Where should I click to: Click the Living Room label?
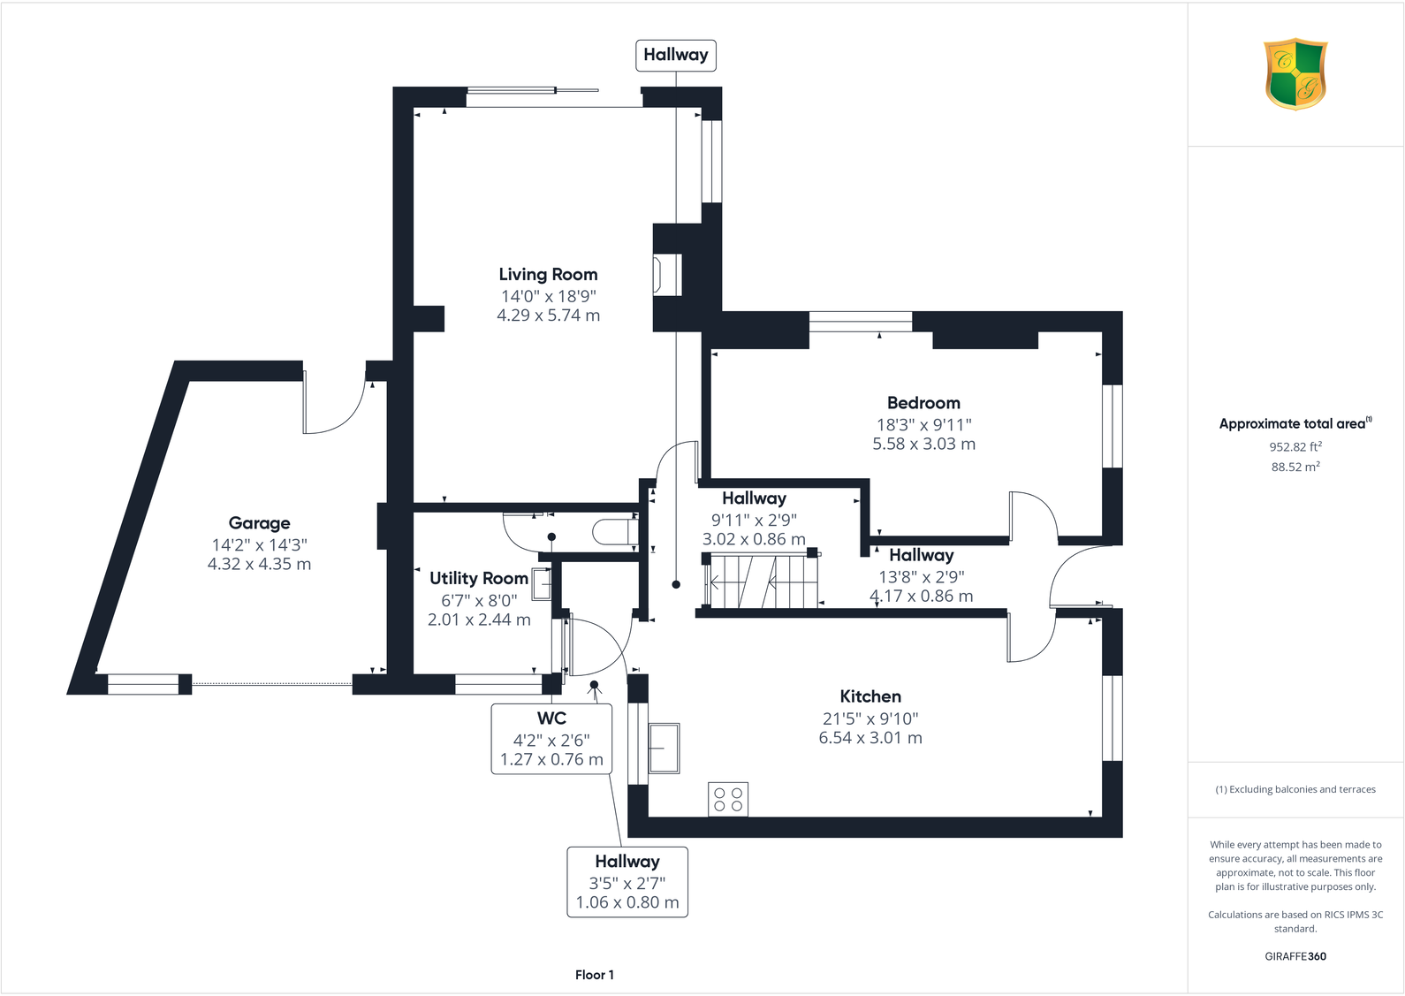(548, 275)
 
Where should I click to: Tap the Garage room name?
(259, 523)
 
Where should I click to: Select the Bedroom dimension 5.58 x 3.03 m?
(923, 444)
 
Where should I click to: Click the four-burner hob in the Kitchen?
(728, 799)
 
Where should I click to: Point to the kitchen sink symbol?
(664, 749)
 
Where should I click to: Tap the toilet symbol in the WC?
(613, 532)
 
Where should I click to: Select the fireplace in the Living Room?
(666, 274)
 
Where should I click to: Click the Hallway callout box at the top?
(675, 55)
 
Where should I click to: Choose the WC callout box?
(551, 739)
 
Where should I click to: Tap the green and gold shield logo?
(1295, 73)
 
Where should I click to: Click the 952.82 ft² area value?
(1295, 447)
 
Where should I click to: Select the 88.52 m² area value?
(1295, 467)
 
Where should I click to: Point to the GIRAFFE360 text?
(1295, 956)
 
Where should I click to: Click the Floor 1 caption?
(594, 975)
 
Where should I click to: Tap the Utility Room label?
(478, 578)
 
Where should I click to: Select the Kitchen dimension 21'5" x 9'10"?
(870, 718)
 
